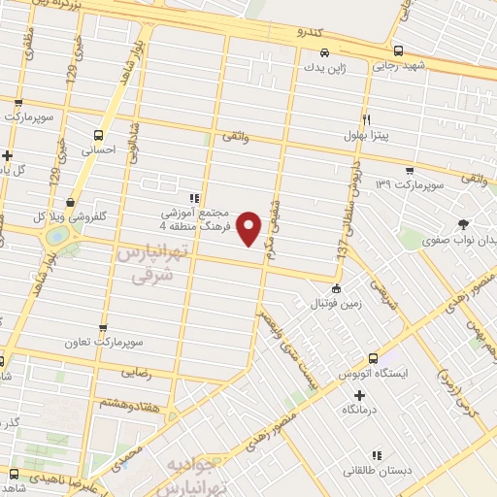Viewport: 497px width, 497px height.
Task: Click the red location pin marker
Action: click(x=250, y=228)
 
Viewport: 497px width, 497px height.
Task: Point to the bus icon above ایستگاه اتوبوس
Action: click(x=373, y=358)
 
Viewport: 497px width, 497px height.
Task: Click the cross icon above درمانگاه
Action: click(x=359, y=395)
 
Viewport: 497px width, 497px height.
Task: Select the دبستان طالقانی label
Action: click(x=377, y=471)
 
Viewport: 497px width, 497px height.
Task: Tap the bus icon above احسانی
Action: click(x=98, y=136)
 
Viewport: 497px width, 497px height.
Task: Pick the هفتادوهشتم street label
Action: click(x=121, y=402)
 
